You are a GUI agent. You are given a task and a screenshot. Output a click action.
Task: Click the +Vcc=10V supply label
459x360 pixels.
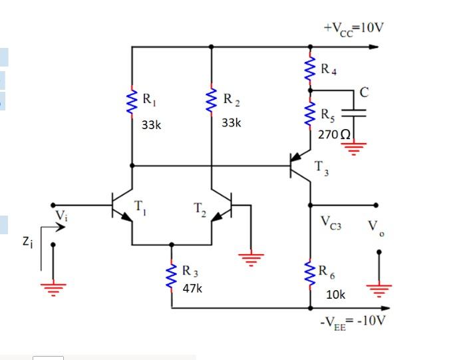tap(353, 28)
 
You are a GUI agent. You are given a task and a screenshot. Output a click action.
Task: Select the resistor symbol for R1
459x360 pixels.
tap(132, 104)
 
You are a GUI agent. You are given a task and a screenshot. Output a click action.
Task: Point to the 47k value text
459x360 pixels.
tap(192, 289)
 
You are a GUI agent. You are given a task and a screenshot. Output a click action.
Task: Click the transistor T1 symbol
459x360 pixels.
tap(121, 205)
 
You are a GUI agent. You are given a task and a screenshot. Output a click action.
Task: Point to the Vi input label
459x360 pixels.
tap(61, 215)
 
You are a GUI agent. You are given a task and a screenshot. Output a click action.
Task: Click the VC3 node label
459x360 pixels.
tap(331, 221)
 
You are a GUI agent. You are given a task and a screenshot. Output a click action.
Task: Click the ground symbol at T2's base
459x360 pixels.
tap(251, 258)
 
